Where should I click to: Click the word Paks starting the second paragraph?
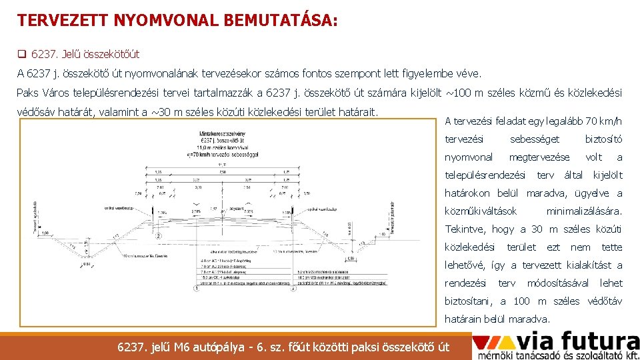[x=27, y=93]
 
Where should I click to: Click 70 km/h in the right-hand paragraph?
[x=604, y=121]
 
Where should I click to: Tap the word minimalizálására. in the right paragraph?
[x=584, y=211]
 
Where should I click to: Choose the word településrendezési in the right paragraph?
[x=485, y=175]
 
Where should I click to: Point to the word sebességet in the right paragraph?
[x=535, y=139]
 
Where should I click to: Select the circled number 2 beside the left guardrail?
[x=157, y=235]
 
